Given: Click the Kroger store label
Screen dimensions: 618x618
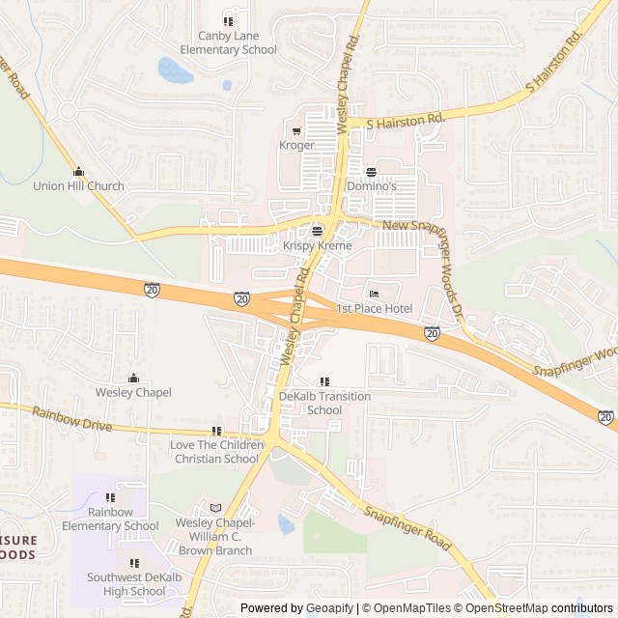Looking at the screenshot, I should tap(296, 145).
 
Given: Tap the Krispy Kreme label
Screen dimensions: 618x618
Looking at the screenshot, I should tap(317, 246).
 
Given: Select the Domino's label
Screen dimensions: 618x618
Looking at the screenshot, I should tap(372, 185).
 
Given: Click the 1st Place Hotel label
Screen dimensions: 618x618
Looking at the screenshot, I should tap(375, 308).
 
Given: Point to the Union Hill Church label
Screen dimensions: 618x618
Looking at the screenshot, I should tap(79, 186).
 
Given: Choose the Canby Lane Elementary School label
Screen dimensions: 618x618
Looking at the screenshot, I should tap(230, 42).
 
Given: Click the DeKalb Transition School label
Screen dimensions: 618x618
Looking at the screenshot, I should tap(323, 403).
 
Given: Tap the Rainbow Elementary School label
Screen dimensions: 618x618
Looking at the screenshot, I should tap(110, 519).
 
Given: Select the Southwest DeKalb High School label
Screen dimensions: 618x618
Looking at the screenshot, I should tap(133, 584).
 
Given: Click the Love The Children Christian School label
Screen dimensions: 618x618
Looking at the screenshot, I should tap(215, 451).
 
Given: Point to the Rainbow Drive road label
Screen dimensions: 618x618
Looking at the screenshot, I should tap(71, 419).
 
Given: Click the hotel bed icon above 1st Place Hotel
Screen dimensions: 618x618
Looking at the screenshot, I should tap(375, 294).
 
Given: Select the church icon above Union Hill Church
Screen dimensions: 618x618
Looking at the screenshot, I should tap(79, 171).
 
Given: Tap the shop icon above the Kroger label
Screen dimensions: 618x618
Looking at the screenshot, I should tap(296, 130).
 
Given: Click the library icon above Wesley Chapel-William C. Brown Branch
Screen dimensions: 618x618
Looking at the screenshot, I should tap(215, 508).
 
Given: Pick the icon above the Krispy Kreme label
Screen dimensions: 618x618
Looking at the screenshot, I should tap(317, 231).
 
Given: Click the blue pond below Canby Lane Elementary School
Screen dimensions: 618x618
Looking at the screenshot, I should tap(174, 70).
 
